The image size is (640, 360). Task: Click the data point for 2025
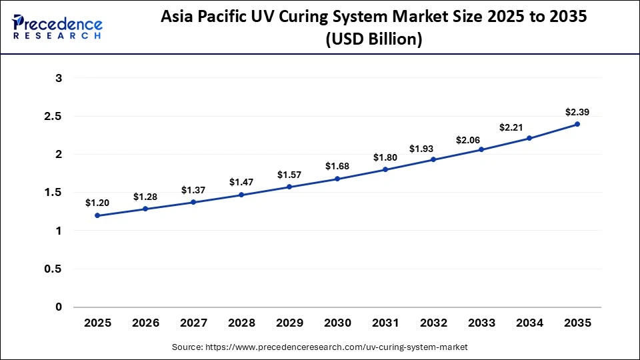(98, 215)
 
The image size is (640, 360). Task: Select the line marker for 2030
(337, 179)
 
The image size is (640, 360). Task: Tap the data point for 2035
(577, 124)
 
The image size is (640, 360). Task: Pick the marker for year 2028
(241, 195)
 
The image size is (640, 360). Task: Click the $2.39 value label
(577, 111)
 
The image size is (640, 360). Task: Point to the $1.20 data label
(98, 203)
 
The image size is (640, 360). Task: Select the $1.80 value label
(385, 157)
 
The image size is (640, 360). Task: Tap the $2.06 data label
(481, 140)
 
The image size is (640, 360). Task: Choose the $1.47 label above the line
(241, 182)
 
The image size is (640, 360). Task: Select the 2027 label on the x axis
(194, 323)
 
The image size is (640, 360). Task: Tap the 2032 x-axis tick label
(433, 323)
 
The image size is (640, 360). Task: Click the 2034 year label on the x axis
(529, 323)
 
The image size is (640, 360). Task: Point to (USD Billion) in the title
(373, 40)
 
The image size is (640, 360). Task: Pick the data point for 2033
(481, 149)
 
